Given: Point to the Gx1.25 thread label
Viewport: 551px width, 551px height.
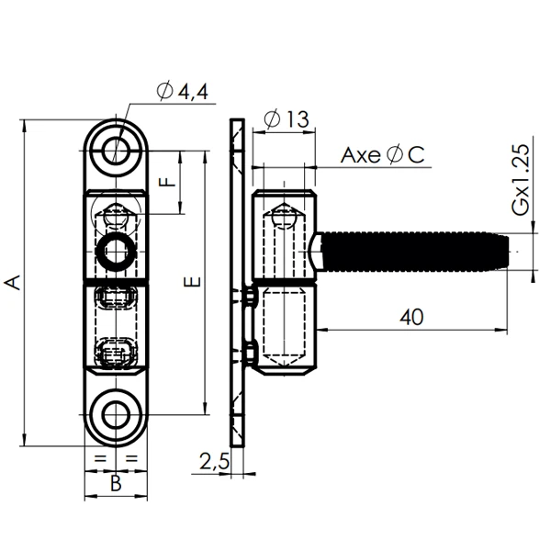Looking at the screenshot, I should (x=521, y=180).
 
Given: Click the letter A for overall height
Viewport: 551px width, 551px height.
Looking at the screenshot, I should (x=13, y=283).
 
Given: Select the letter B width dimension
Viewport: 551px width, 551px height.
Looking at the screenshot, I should (x=116, y=483).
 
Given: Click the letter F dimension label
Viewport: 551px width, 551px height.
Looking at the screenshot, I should (x=166, y=182).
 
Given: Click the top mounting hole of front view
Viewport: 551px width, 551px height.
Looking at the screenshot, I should (x=116, y=150).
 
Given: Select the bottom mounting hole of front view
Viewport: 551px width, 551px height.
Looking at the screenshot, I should (x=116, y=415).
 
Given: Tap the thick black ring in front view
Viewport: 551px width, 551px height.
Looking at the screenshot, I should (x=116, y=249).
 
